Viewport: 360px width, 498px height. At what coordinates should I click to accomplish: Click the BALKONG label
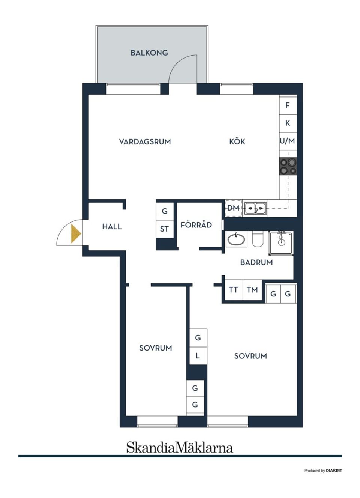[x=149, y=53]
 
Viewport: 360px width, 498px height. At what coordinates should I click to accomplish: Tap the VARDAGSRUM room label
[x=145, y=141]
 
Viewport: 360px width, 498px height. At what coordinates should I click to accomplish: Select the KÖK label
[x=237, y=141]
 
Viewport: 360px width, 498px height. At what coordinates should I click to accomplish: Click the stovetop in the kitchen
[x=288, y=166]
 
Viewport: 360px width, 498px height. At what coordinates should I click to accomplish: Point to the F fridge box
[x=288, y=105]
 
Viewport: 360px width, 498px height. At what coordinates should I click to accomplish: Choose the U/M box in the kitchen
[x=288, y=141]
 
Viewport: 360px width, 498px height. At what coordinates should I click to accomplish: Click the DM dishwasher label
[x=233, y=208]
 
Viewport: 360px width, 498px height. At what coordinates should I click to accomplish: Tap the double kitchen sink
[x=255, y=208]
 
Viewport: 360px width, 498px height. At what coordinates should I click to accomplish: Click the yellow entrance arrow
[x=76, y=233]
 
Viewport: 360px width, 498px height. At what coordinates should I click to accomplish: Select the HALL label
[x=112, y=226]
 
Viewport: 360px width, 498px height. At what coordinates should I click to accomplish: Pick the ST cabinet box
[x=165, y=229]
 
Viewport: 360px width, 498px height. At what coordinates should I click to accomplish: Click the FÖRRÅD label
[x=196, y=225]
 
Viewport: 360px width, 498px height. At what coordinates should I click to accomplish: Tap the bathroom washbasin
[x=236, y=239]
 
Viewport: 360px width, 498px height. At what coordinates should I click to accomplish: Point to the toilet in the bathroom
[x=258, y=239]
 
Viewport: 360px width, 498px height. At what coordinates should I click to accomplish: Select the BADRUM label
[x=256, y=262]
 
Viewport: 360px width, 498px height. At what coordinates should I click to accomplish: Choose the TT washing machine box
[x=233, y=290]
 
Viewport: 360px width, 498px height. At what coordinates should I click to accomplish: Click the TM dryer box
[x=252, y=290]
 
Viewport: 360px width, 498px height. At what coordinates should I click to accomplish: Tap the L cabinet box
[x=198, y=355]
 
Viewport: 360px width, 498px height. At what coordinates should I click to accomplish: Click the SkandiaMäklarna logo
[x=180, y=447]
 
